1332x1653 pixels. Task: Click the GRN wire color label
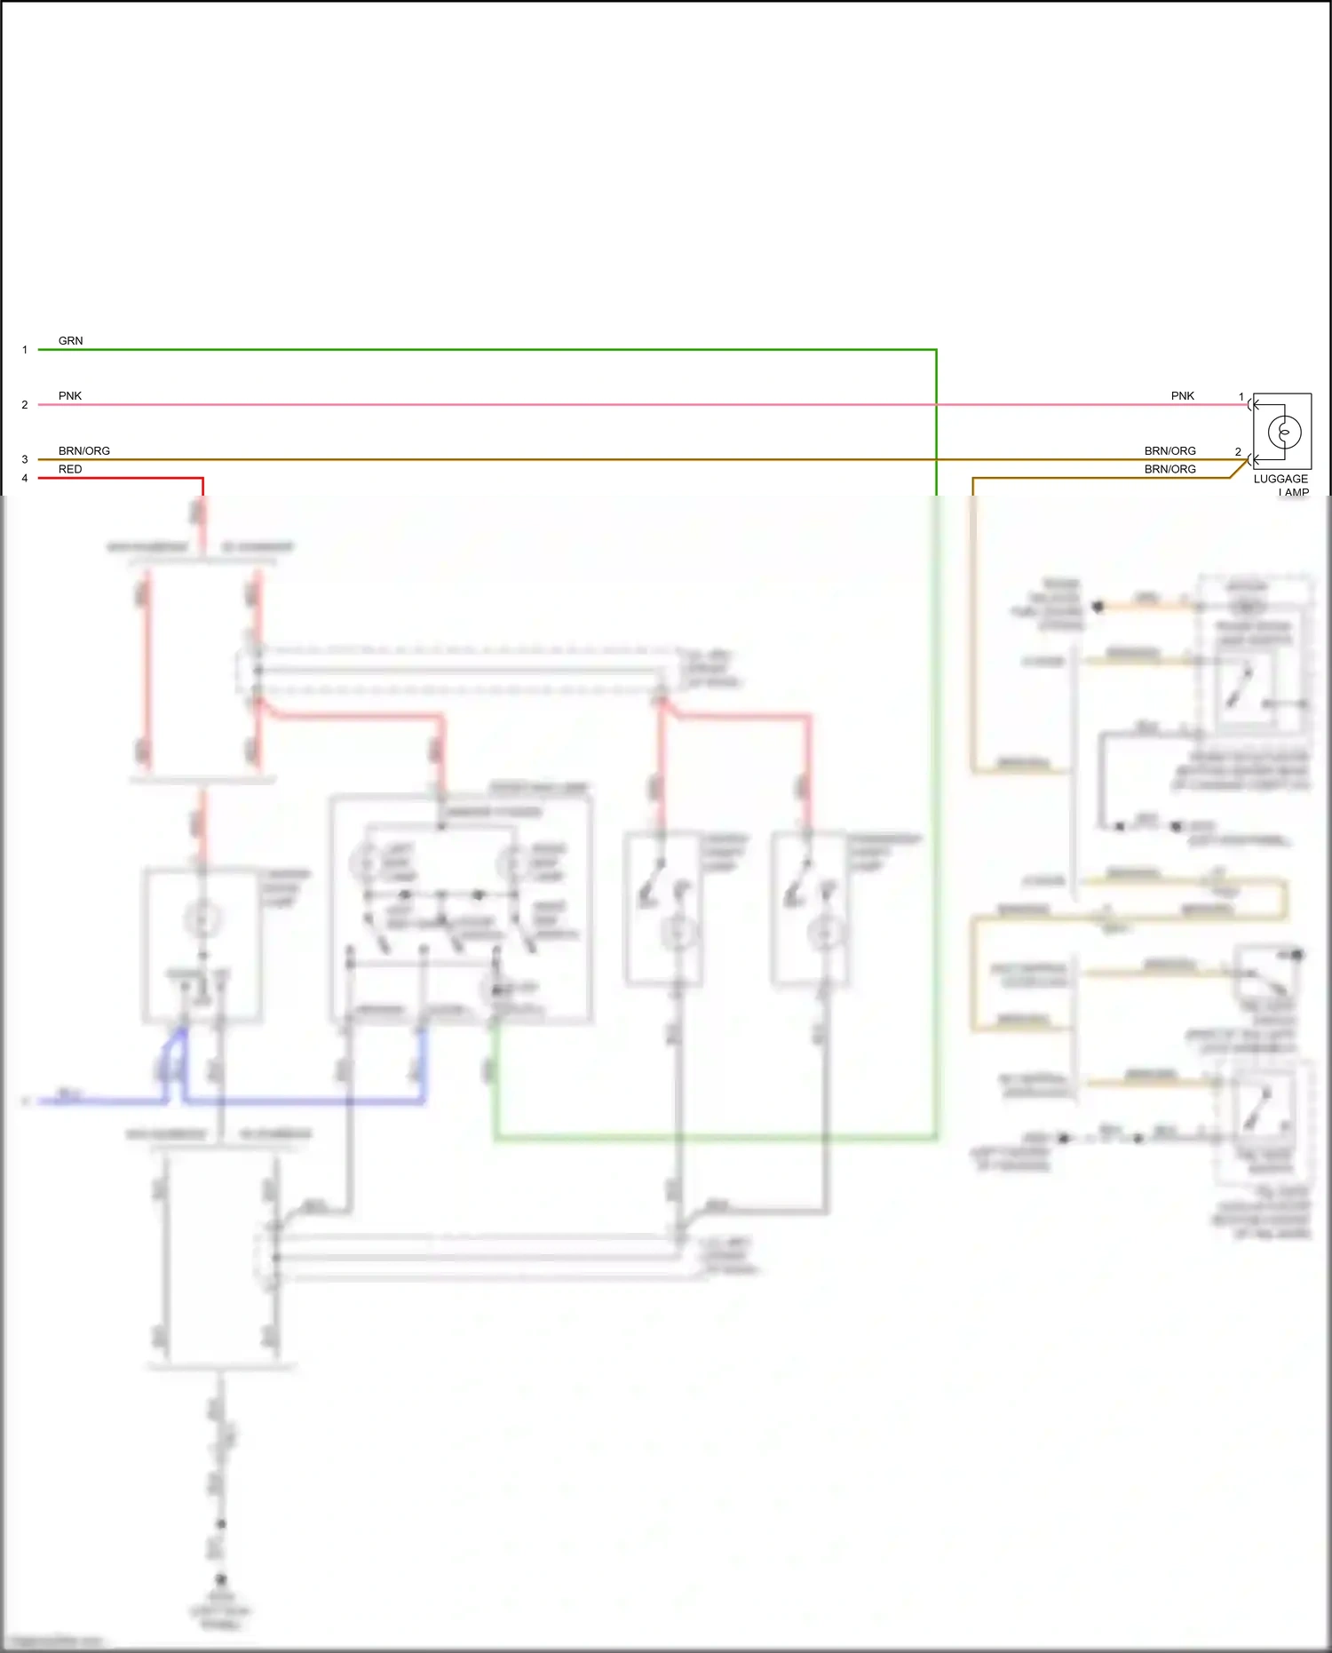coord(70,341)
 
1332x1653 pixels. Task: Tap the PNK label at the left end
coord(69,396)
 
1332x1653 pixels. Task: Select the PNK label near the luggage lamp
coord(1182,396)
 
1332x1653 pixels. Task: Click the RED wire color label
coord(69,470)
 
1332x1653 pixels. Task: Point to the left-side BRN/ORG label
coord(83,451)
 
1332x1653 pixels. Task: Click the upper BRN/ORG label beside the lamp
coord(1169,451)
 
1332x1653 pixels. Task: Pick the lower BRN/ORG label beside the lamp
coord(1169,470)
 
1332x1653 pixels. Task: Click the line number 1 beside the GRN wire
coord(25,350)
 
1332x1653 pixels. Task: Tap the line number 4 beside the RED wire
coord(25,479)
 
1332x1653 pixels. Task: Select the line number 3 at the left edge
coord(25,460)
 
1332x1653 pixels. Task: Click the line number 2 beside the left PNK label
coord(25,405)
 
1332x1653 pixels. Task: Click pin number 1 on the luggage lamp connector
coord(1241,397)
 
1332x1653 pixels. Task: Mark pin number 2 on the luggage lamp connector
coord(1238,452)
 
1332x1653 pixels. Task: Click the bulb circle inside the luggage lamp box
coord(1284,433)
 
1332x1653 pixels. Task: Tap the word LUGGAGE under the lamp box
coord(1280,480)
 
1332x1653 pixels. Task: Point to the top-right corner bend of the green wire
coord(936,350)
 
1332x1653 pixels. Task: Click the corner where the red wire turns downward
coord(202,479)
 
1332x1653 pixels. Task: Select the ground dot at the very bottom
coord(221,1579)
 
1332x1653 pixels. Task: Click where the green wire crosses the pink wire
coord(936,405)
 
